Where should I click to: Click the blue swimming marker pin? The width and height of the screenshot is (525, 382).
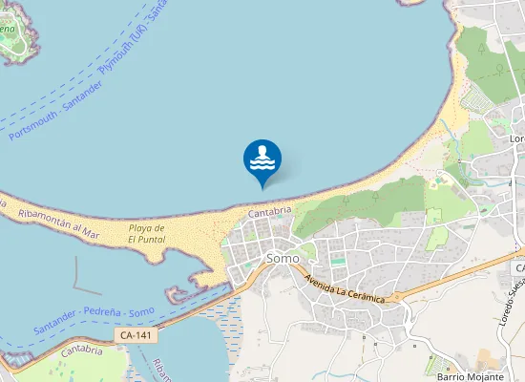(262, 159)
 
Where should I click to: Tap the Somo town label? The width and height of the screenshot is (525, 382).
(283, 258)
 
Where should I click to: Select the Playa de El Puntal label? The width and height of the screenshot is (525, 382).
(147, 234)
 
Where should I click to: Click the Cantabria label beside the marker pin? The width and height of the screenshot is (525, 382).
(269, 212)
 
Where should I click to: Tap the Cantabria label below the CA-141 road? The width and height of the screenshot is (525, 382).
(81, 352)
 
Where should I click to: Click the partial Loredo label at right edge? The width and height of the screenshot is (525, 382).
(516, 138)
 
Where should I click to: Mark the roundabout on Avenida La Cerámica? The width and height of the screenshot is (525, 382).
(390, 298)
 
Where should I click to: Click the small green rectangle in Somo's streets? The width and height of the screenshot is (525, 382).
(339, 260)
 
